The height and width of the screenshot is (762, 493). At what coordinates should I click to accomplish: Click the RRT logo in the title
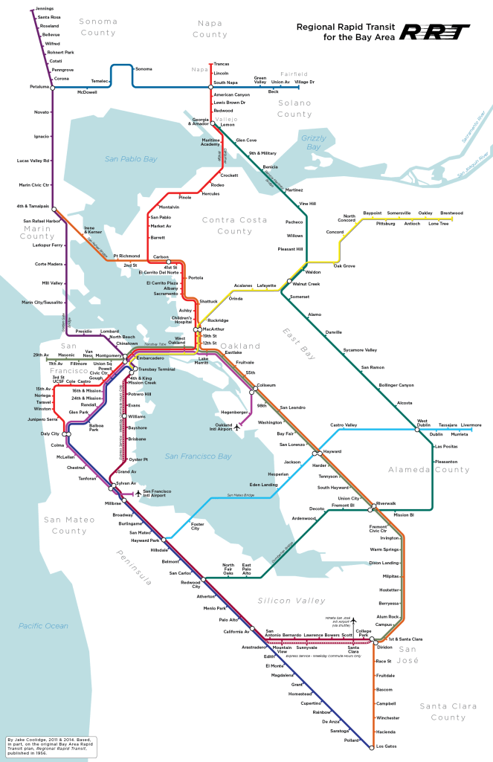(435, 31)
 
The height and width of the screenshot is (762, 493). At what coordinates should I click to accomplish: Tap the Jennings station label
(44, 9)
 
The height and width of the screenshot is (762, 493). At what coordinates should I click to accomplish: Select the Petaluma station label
(39, 87)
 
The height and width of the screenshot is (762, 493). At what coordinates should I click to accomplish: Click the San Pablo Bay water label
(130, 159)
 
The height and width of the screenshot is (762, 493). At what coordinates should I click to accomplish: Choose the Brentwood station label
(451, 213)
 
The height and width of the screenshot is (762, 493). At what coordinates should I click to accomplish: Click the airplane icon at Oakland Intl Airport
(236, 427)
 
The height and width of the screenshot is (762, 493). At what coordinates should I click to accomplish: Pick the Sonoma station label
(144, 69)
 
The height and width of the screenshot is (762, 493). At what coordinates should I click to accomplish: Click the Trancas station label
(222, 65)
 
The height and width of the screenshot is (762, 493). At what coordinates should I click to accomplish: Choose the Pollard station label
(351, 740)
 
